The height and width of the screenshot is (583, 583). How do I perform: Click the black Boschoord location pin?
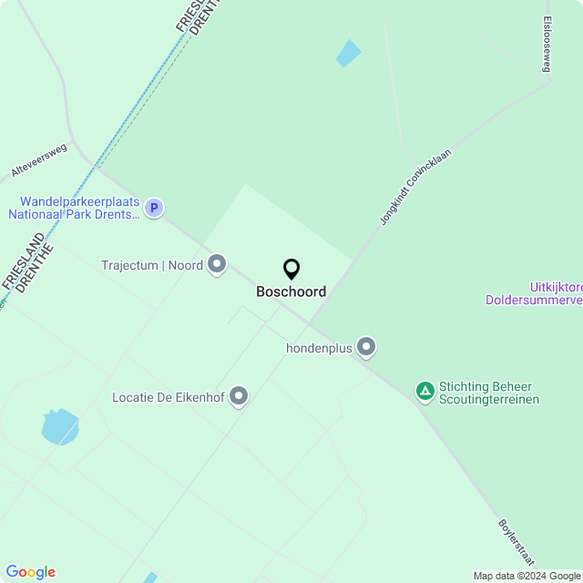(291, 269)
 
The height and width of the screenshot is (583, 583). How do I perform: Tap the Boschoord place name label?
(291, 292)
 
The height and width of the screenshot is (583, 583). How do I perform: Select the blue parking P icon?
(155, 208)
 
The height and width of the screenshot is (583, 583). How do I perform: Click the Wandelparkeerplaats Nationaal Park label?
(75, 208)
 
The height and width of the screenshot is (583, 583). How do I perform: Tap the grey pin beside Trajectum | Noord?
(217, 265)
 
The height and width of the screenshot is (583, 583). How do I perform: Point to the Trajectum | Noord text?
(152, 266)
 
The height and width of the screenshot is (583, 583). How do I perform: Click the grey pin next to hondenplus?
(366, 347)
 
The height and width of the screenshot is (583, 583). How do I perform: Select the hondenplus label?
(319, 348)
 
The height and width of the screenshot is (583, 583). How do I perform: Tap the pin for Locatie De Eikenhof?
(239, 396)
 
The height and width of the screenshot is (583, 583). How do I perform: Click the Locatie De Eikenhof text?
(168, 397)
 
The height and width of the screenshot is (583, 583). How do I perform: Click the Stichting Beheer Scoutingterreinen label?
(489, 393)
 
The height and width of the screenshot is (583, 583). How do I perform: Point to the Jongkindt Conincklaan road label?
(415, 188)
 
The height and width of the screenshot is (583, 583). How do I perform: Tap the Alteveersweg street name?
(39, 159)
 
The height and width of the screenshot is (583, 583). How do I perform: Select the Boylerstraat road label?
(516, 542)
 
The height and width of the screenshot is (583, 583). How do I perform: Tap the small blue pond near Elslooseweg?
(348, 54)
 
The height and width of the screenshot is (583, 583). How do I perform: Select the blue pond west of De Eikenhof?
(59, 426)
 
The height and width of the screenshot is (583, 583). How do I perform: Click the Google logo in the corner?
(30, 572)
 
